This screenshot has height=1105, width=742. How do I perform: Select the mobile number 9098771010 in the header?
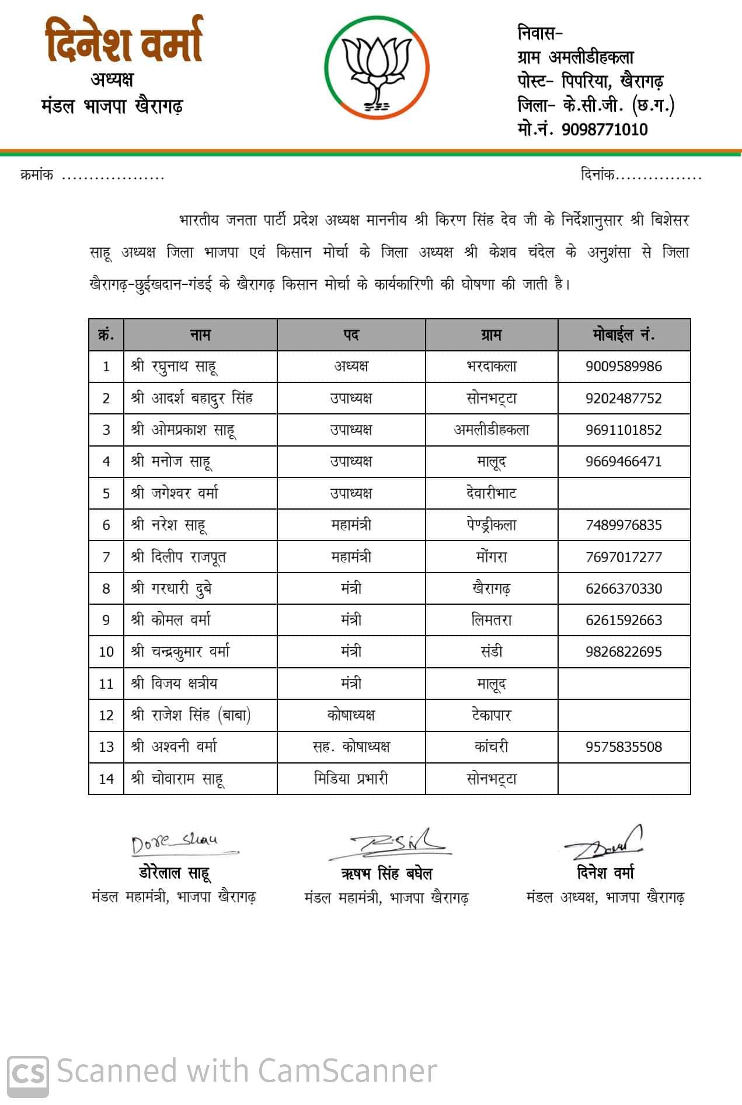pyautogui.click(x=604, y=129)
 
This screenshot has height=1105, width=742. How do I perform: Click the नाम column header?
pyautogui.click(x=200, y=335)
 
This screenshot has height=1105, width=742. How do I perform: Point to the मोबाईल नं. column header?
pyautogui.click(x=623, y=335)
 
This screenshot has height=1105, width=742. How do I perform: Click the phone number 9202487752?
pyautogui.click(x=623, y=399)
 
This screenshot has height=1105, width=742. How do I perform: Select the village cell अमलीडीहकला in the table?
pyautogui.click(x=492, y=430)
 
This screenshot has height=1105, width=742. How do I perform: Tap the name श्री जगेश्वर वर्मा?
pyautogui.click(x=175, y=493)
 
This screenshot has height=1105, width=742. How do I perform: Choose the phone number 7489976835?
pyautogui.click(x=623, y=525)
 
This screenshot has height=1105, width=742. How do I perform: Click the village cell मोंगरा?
pyautogui.click(x=492, y=557)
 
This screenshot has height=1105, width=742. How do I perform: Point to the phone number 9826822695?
pyautogui.click(x=623, y=652)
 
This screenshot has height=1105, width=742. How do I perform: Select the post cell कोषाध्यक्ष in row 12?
pyautogui.click(x=351, y=715)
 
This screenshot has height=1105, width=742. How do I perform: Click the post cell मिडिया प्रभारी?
pyautogui.click(x=351, y=779)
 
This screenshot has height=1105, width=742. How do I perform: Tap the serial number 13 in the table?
pyautogui.click(x=106, y=747)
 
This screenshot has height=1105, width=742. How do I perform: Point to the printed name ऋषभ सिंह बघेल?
pyautogui.click(x=386, y=874)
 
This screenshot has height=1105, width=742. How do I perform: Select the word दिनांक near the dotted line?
pyautogui.click(x=597, y=175)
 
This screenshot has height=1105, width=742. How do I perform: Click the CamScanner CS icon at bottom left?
pyautogui.click(x=27, y=1072)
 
